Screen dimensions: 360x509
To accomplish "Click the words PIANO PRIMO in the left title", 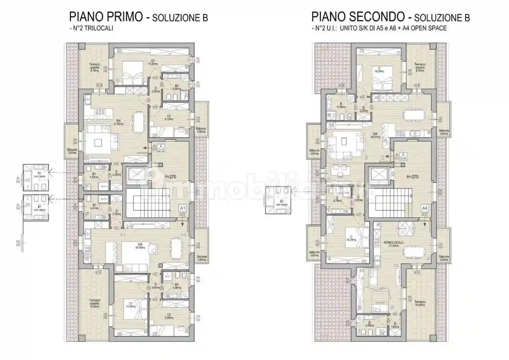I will [x=106, y=16].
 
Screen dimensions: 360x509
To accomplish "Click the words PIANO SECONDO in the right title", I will [x=358, y=16].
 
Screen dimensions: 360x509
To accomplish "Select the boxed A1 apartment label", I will [x=183, y=208].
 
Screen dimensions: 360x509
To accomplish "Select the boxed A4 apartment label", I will [x=424, y=208].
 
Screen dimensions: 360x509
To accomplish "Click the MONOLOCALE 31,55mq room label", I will [x=393, y=244].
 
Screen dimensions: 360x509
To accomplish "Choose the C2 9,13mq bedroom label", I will [x=169, y=118].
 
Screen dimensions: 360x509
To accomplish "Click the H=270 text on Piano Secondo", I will [x=412, y=177].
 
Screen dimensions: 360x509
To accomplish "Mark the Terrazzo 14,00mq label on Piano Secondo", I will [x=420, y=303].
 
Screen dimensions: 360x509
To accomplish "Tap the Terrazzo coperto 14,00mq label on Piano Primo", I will [x=94, y=305].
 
